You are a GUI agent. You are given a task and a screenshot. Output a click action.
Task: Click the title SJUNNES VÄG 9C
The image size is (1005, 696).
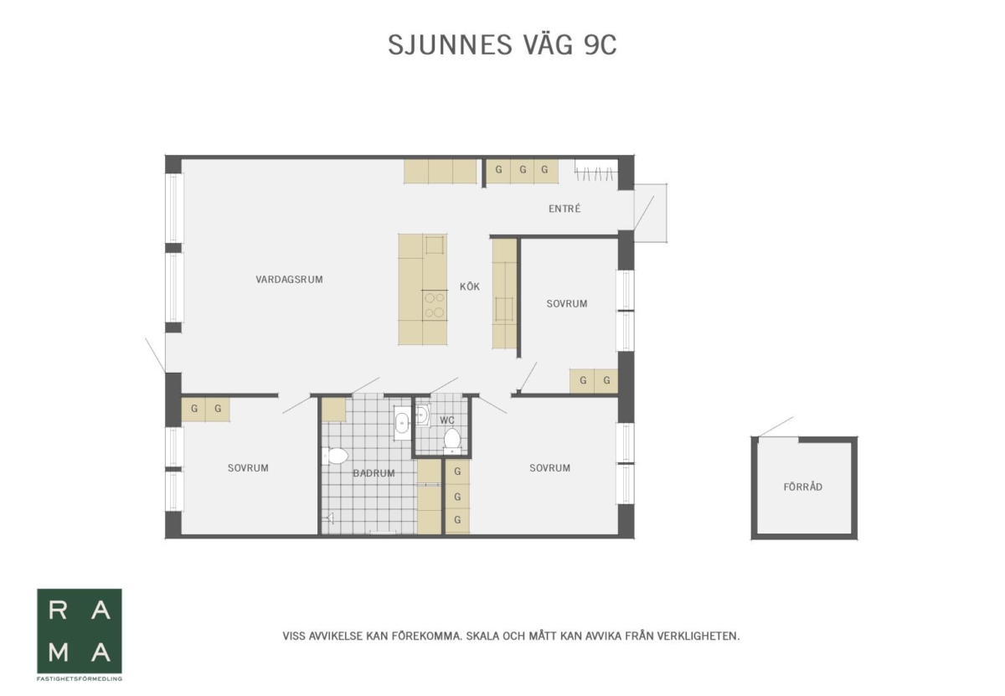coord(502,45)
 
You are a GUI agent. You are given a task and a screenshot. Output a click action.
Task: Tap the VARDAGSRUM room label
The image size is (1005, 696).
coord(290,280)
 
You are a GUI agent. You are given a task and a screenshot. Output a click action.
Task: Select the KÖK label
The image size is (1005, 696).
coord(470,286)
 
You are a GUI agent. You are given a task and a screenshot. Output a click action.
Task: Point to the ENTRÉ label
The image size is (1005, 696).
coord(564,209)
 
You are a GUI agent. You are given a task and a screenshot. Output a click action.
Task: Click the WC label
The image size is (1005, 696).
coord(447,420)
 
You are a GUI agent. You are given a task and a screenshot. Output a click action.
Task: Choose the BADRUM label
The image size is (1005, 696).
coord(374,473)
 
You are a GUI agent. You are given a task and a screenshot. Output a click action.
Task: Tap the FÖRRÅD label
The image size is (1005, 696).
coord(802,487)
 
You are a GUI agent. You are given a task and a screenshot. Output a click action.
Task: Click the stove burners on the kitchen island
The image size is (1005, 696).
coord(435,305)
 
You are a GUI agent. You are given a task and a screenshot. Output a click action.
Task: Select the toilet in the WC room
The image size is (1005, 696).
coord(452,438)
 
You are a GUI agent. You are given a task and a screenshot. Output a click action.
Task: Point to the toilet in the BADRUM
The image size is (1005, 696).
coord(335,456)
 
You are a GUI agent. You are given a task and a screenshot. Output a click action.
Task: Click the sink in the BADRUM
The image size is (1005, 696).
coord(401,423)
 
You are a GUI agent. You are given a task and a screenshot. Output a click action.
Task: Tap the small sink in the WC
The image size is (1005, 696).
coord(423,415)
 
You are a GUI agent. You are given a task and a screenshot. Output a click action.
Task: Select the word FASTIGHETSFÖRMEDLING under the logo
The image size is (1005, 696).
coord(80,679)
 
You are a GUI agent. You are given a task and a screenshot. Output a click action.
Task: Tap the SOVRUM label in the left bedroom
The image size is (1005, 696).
coord(248,468)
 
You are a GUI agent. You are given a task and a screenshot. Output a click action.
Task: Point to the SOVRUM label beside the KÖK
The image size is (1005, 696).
coord(567,304)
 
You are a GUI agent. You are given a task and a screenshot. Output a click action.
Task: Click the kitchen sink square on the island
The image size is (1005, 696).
coord(435,245)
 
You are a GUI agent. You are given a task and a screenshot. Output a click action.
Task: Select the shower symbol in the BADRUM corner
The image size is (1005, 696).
coord(329,518)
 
